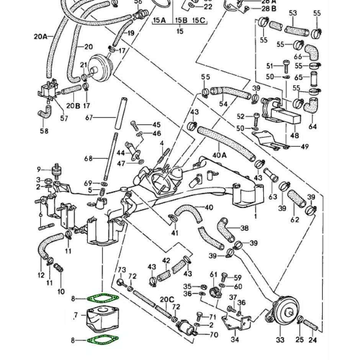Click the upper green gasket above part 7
coord(103,298)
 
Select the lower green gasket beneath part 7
coord(103,339)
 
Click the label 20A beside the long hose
coord(41,37)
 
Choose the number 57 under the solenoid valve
coord(64,118)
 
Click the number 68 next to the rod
coord(88,158)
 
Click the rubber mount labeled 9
coord(56,172)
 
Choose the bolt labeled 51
coord(285,66)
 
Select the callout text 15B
coord(182,20)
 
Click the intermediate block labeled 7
coord(101,317)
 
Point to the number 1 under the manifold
coord(255,216)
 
